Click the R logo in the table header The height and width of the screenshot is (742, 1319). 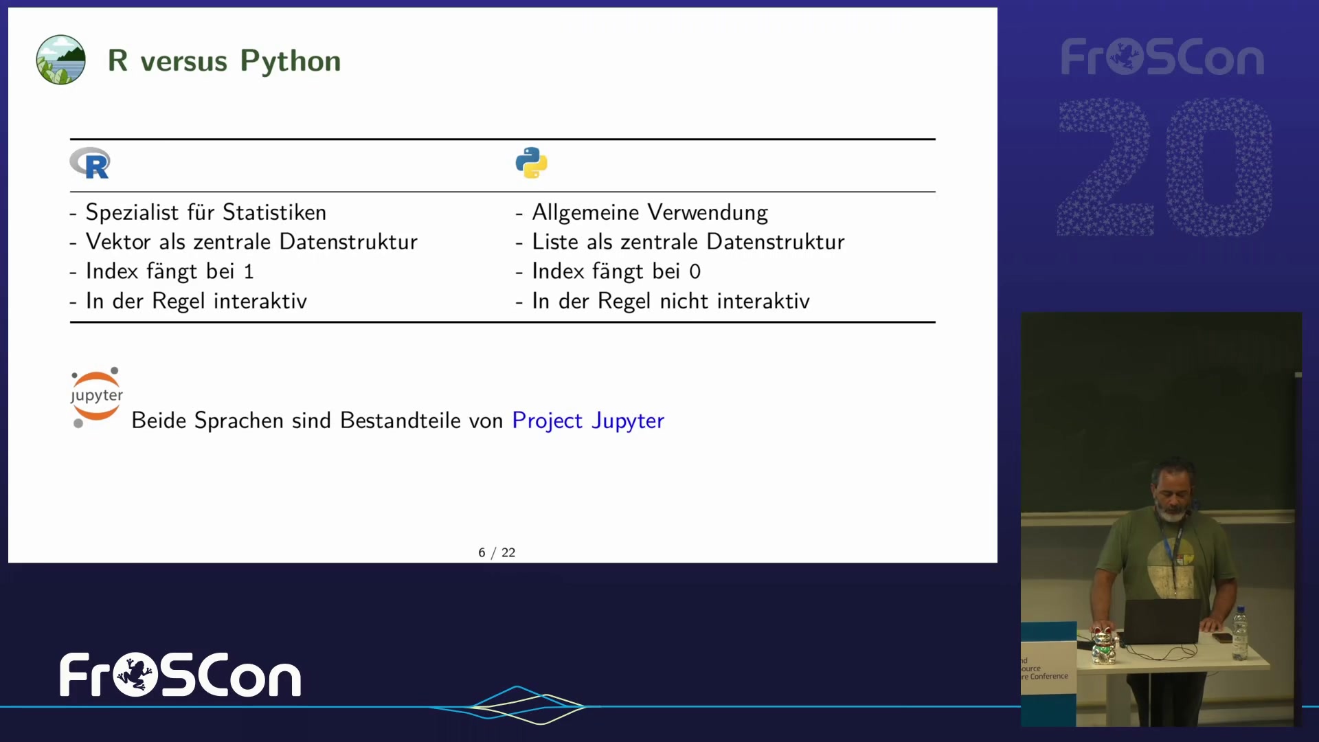click(x=89, y=164)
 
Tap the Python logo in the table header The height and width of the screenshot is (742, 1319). click(x=531, y=163)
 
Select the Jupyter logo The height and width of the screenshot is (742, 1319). click(x=96, y=397)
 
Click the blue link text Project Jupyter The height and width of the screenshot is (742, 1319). click(x=588, y=420)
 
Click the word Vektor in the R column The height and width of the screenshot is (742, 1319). click(x=118, y=242)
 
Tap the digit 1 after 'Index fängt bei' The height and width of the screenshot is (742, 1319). click(x=249, y=272)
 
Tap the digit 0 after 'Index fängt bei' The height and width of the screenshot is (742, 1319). click(x=695, y=272)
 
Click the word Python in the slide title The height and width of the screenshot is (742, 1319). click(x=291, y=61)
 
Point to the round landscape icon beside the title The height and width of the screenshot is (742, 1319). click(x=60, y=60)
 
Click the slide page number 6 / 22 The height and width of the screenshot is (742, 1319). click(x=497, y=552)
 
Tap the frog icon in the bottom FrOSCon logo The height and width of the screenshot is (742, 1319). click(x=135, y=675)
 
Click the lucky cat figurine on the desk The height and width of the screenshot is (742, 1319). click(x=1104, y=645)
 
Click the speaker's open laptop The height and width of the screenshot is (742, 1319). click(x=1161, y=622)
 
